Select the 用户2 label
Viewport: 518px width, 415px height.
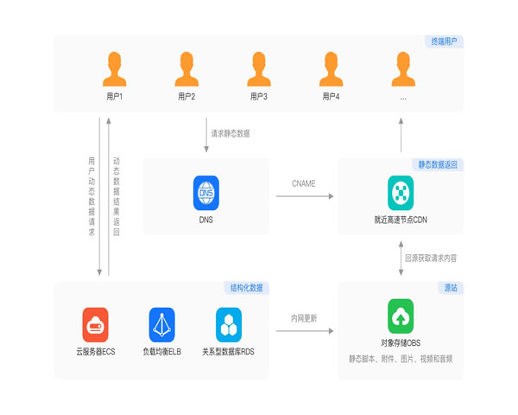coord(186,96)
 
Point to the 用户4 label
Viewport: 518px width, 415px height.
coord(331,96)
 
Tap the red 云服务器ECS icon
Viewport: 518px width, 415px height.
coord(95,324)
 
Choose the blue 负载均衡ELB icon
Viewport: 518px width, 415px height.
coord(161,324)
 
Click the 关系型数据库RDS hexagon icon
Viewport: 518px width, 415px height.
coord(229,324)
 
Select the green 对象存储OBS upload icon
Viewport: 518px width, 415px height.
coord(401,316)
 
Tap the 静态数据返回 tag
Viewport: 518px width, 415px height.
coord(439,164)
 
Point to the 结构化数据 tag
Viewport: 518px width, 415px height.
coord(247,287)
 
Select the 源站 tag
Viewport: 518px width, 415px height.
coord(451,287)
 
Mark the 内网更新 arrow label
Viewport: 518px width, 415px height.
coord(303,318)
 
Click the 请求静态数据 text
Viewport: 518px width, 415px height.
coord(231,134)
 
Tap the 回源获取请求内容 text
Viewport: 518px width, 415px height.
coord(436,258)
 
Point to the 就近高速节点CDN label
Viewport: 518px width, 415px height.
coord(401,220)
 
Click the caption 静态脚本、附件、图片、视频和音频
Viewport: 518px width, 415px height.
coord(401,358)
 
